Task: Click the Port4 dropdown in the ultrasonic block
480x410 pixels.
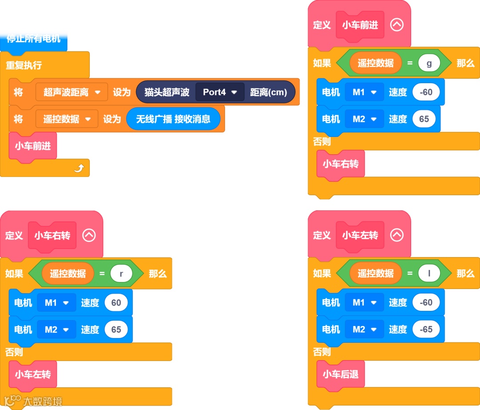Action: click(x=220, y=92)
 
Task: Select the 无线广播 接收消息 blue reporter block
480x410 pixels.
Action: click(x=173, y=119)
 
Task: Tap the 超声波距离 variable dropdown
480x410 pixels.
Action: click(x=72, y=92)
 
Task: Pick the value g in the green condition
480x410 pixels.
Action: click(x=429, y=63)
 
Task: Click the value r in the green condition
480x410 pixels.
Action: click(x=121, y=273)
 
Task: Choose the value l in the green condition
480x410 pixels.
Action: click(x=429, y=273)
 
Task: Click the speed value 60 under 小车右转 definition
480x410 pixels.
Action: click(x=116, y=302)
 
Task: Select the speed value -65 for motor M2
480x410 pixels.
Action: click(x=426, y=329)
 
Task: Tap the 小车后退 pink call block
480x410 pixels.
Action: click(x=340, y=374)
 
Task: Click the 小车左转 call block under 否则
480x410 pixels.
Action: click(x=33, y=374)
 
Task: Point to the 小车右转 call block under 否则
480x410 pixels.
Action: click(x=340, y=164)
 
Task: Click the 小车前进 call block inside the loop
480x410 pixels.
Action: click(x=33, y=145)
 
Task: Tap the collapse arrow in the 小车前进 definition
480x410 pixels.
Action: click(x=396, y=25)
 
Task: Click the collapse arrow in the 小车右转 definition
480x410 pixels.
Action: click(x=89, y=235)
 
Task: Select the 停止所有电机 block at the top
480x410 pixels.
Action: click(x=33, y=40)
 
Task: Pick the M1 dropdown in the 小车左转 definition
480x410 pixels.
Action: click(x=364, y=302)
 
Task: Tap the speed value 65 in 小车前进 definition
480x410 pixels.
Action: click(x=424, y=119)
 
